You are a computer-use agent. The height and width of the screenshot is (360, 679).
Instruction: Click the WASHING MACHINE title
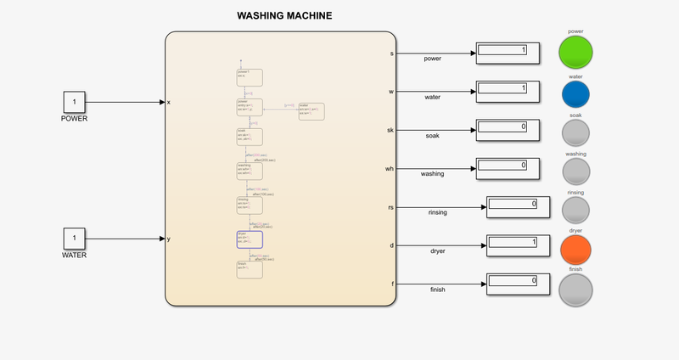click(x=283, y=15)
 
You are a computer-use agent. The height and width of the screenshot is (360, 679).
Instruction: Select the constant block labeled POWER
click(x=74, y=102)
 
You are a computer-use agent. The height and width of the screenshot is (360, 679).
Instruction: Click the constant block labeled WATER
click(x=74, y=238)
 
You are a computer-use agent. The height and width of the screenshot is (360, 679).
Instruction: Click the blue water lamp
click(x=575, y=93)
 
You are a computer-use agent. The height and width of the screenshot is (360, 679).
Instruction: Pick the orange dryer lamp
click(x=575, y=248)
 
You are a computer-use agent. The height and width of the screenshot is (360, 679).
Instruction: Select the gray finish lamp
click(x=575, y=288)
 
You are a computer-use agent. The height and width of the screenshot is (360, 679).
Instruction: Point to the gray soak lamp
click(x=575, y=132)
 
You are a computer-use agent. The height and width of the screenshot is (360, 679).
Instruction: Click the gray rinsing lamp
click(x=575, y=209)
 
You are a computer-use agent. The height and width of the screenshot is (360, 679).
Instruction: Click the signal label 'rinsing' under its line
click(x=438, y=212)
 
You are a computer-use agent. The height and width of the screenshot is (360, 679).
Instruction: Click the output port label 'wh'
click(x=390, y=169)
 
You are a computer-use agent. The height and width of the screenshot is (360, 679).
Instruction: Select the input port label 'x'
click(x=168, y=102)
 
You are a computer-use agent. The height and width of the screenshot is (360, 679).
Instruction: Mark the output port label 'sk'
click(x=390, y=130)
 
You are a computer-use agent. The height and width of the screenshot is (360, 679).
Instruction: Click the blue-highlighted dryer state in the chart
click(x=250, y=239)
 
